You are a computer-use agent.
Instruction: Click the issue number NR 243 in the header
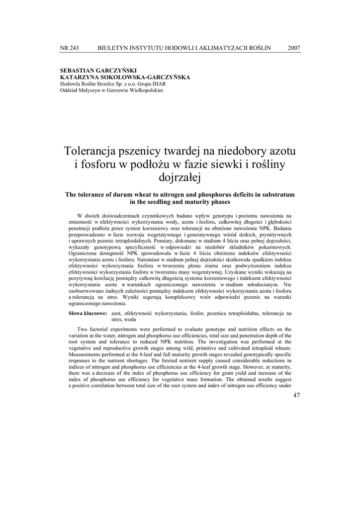(69, 48)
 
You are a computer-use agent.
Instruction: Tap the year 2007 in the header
(294, 48)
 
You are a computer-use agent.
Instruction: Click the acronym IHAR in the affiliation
(159, 84)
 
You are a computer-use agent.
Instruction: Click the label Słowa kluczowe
(88, 314)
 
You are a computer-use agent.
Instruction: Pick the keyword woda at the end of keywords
(130, 320)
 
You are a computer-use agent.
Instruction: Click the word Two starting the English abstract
(83, 330)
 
